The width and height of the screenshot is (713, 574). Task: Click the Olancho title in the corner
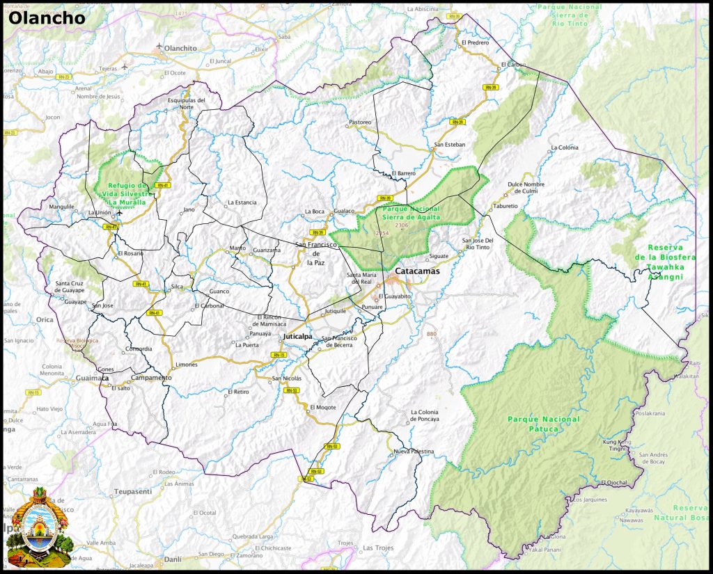coord(47,17)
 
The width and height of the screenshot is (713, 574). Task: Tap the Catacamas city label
coord(418,271)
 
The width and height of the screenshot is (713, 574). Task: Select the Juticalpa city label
coord(297,337)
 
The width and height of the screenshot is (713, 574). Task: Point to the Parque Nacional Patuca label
coord(543,424)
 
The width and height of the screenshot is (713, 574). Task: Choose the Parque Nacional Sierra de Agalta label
coord(410,213)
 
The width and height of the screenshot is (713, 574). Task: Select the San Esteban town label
coord(449,145)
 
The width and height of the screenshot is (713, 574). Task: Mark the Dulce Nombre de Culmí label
coord(526,187)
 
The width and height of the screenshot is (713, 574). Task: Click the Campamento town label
coord(151,377)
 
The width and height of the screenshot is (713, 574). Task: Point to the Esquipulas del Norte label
coord(187,104)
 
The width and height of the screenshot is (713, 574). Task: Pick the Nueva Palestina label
coord(414,452)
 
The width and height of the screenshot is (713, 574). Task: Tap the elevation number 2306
coord(401,225)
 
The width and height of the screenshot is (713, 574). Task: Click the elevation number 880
coord(432,334)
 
